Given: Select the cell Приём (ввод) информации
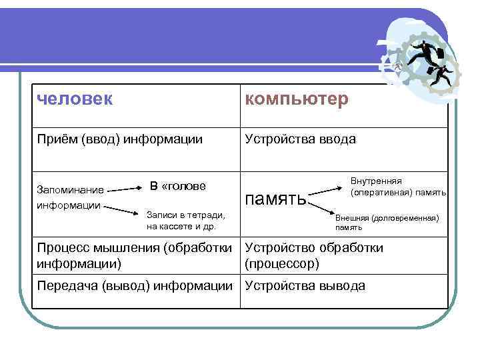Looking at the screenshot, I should [x=120, y=139].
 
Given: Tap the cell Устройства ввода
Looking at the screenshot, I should [x=300, y=139].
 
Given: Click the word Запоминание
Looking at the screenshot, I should [x=70, y=190].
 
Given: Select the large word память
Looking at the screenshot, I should [x=276, y=198].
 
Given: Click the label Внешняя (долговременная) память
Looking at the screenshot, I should [x=387, y=222].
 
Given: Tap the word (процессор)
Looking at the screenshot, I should [x=282, y=263].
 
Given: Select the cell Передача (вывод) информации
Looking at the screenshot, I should [x=133, y=286].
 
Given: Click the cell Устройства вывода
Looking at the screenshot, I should [x=305, y=286].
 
